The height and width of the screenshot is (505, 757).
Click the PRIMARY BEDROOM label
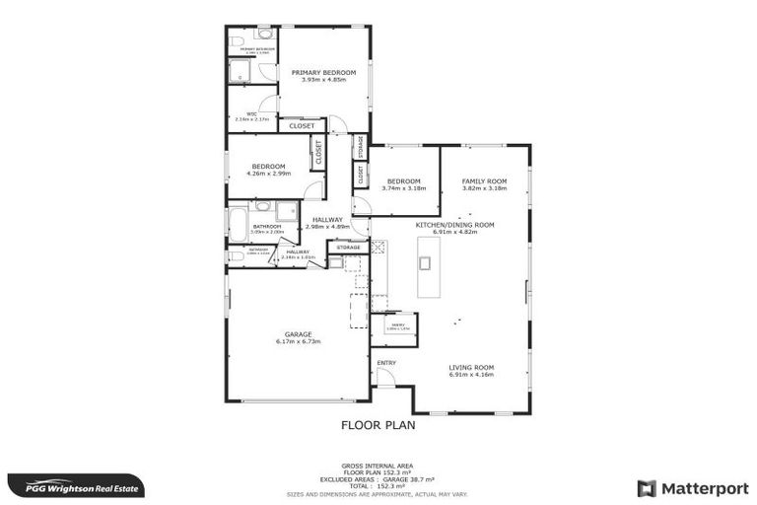[323, 73]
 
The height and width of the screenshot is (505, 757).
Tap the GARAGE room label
[298, 334]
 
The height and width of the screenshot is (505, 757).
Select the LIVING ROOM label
[471, 368]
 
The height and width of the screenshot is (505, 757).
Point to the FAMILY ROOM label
[484, 181]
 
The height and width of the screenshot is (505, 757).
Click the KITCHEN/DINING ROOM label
[454, 225]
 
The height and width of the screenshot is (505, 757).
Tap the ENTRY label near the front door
[385, 363]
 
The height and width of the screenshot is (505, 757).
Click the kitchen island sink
[426, 262]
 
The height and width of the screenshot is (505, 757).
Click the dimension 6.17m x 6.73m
[298, 341]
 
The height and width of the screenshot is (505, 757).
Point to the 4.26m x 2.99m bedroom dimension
[268, 174]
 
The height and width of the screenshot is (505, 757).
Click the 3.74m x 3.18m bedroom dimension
[403, 188]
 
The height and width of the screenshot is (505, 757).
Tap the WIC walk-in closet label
[252, 113]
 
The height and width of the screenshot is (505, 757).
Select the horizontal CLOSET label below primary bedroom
[302, 126]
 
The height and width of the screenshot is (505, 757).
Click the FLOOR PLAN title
[378, 426]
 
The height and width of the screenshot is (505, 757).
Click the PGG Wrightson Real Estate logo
[75, 487]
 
